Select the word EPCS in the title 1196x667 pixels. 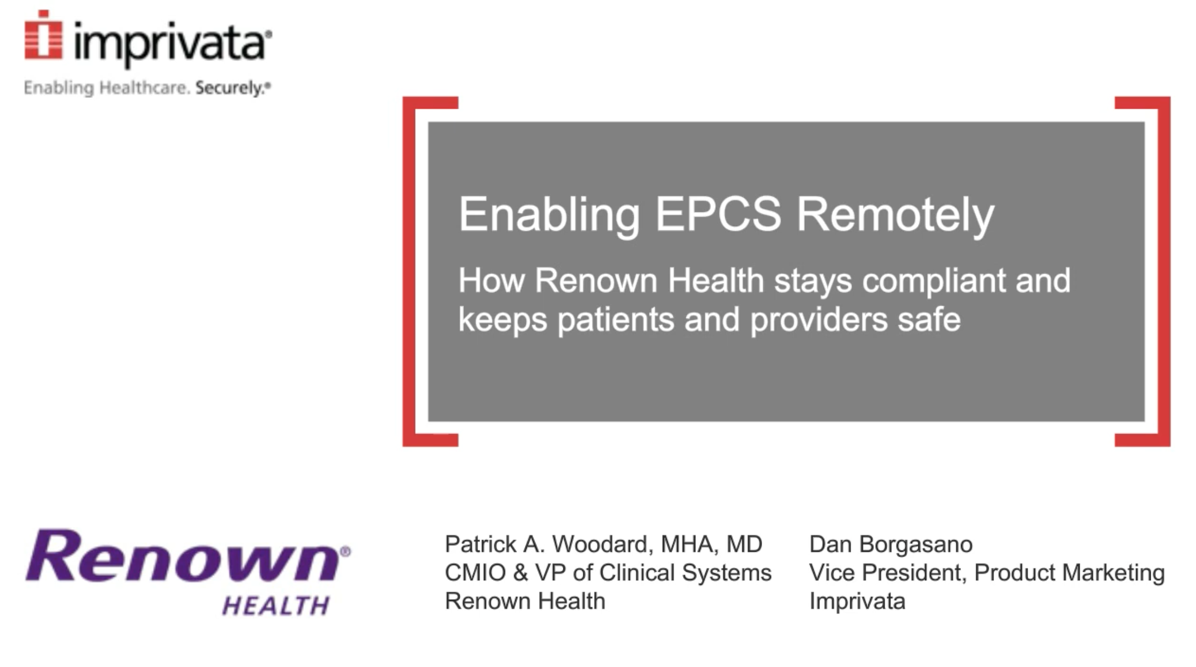coord(718,214)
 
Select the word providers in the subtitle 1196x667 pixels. coord(818,321)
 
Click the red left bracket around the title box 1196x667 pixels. coord(410,271)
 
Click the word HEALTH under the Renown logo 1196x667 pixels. coord(276,605)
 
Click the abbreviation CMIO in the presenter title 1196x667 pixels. coord(475,572)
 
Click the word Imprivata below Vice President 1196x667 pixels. coord(857,601)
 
